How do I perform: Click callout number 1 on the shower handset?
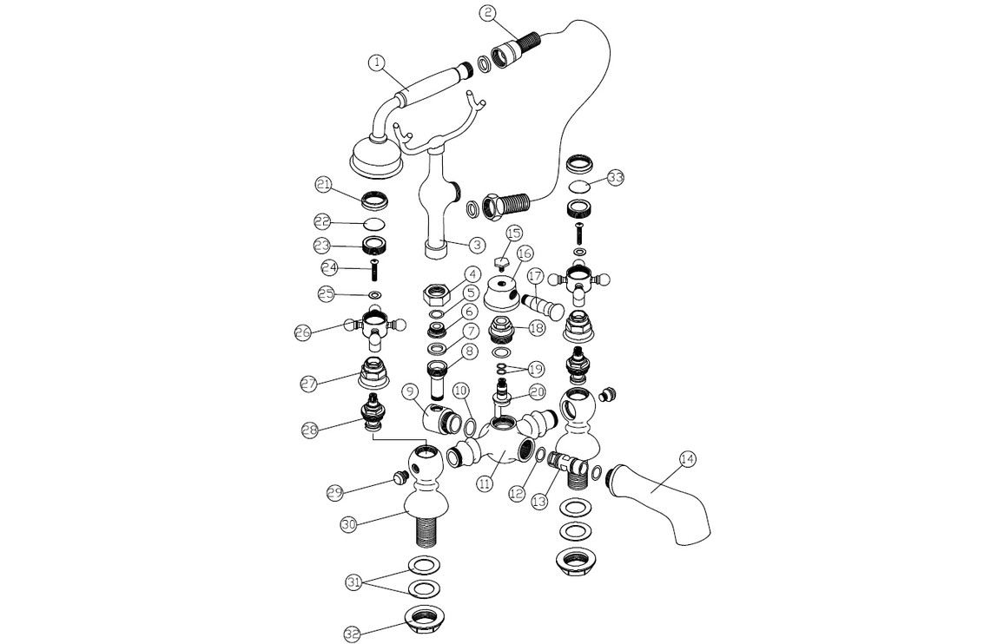tap(377, 62)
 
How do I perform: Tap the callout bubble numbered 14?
tap(687, 459)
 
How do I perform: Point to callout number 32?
tap(352, 633)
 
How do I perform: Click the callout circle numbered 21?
tap(323, 184)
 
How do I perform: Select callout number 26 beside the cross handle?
tap(303, 332)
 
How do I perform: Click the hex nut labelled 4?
tap(436, 295)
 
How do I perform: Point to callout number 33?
tap(615, 177)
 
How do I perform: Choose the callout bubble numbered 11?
tap(485, 483)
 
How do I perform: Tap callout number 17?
tap(535, 277)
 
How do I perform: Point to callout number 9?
tap(411, 391)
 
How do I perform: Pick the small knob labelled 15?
tap(501, 262)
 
